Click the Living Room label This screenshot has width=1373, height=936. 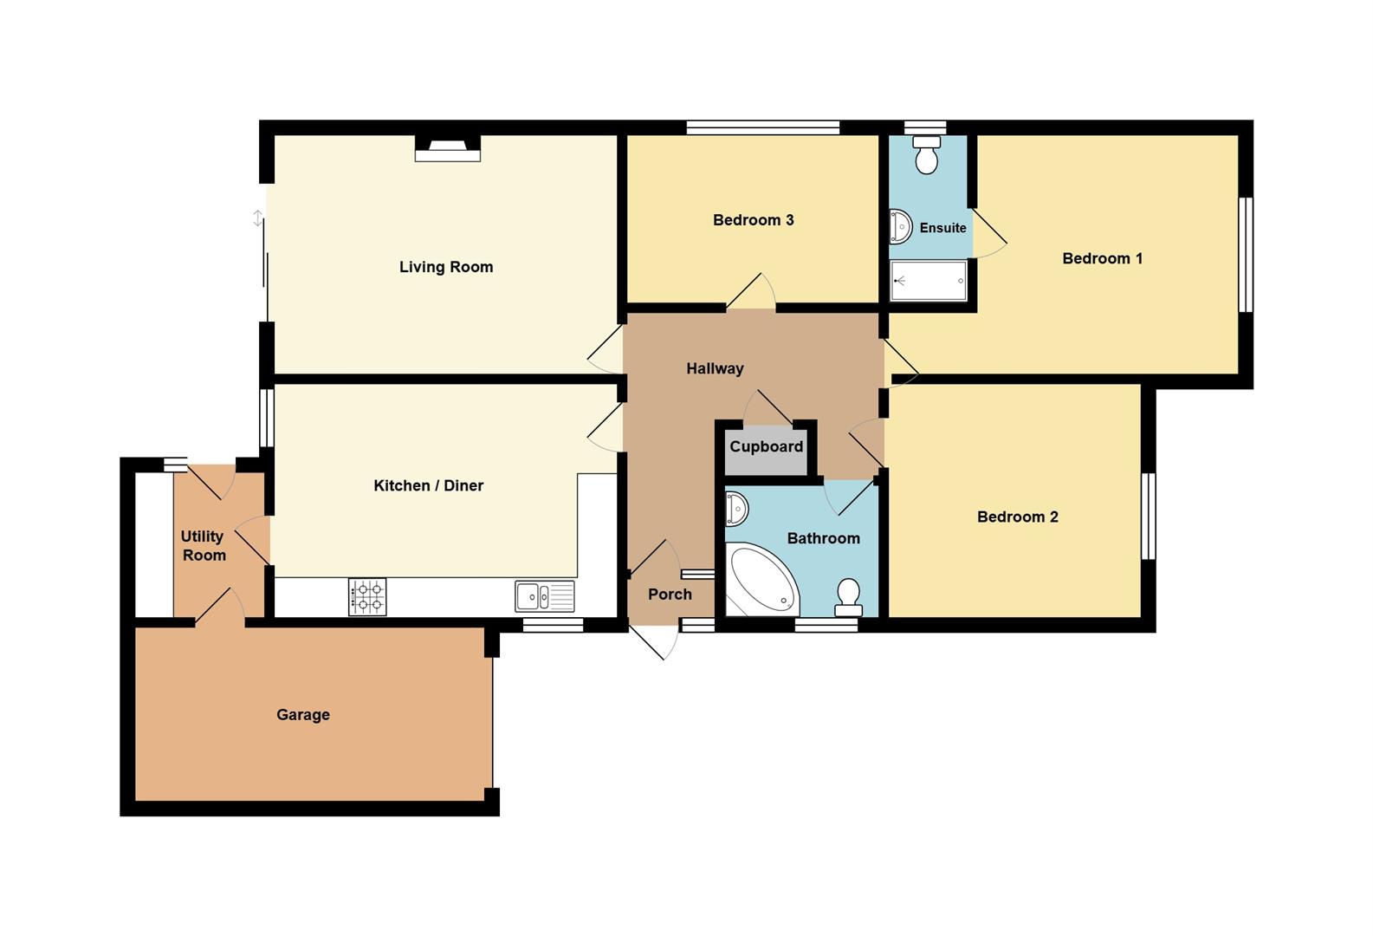445,267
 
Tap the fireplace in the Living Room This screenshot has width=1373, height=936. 448,148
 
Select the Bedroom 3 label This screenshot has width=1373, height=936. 754,220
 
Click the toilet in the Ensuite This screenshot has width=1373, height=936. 926,154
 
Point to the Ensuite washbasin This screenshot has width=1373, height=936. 900,227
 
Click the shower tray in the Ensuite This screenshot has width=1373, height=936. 929,281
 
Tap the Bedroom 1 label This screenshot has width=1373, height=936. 1102,258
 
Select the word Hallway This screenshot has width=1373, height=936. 715,368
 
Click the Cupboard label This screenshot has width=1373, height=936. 766,446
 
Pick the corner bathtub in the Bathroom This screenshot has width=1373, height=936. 762,578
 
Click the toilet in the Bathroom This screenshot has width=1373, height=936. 849,597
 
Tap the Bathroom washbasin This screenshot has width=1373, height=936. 736,510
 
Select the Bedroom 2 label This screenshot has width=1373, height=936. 1018,517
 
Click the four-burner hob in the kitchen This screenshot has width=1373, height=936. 367,597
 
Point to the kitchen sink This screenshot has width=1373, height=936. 544,596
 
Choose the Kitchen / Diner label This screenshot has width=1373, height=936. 429,486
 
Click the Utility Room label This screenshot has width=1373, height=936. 203,545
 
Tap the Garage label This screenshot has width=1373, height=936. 303,715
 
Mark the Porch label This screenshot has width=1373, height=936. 670,595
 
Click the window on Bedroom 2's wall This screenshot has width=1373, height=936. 1148,516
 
